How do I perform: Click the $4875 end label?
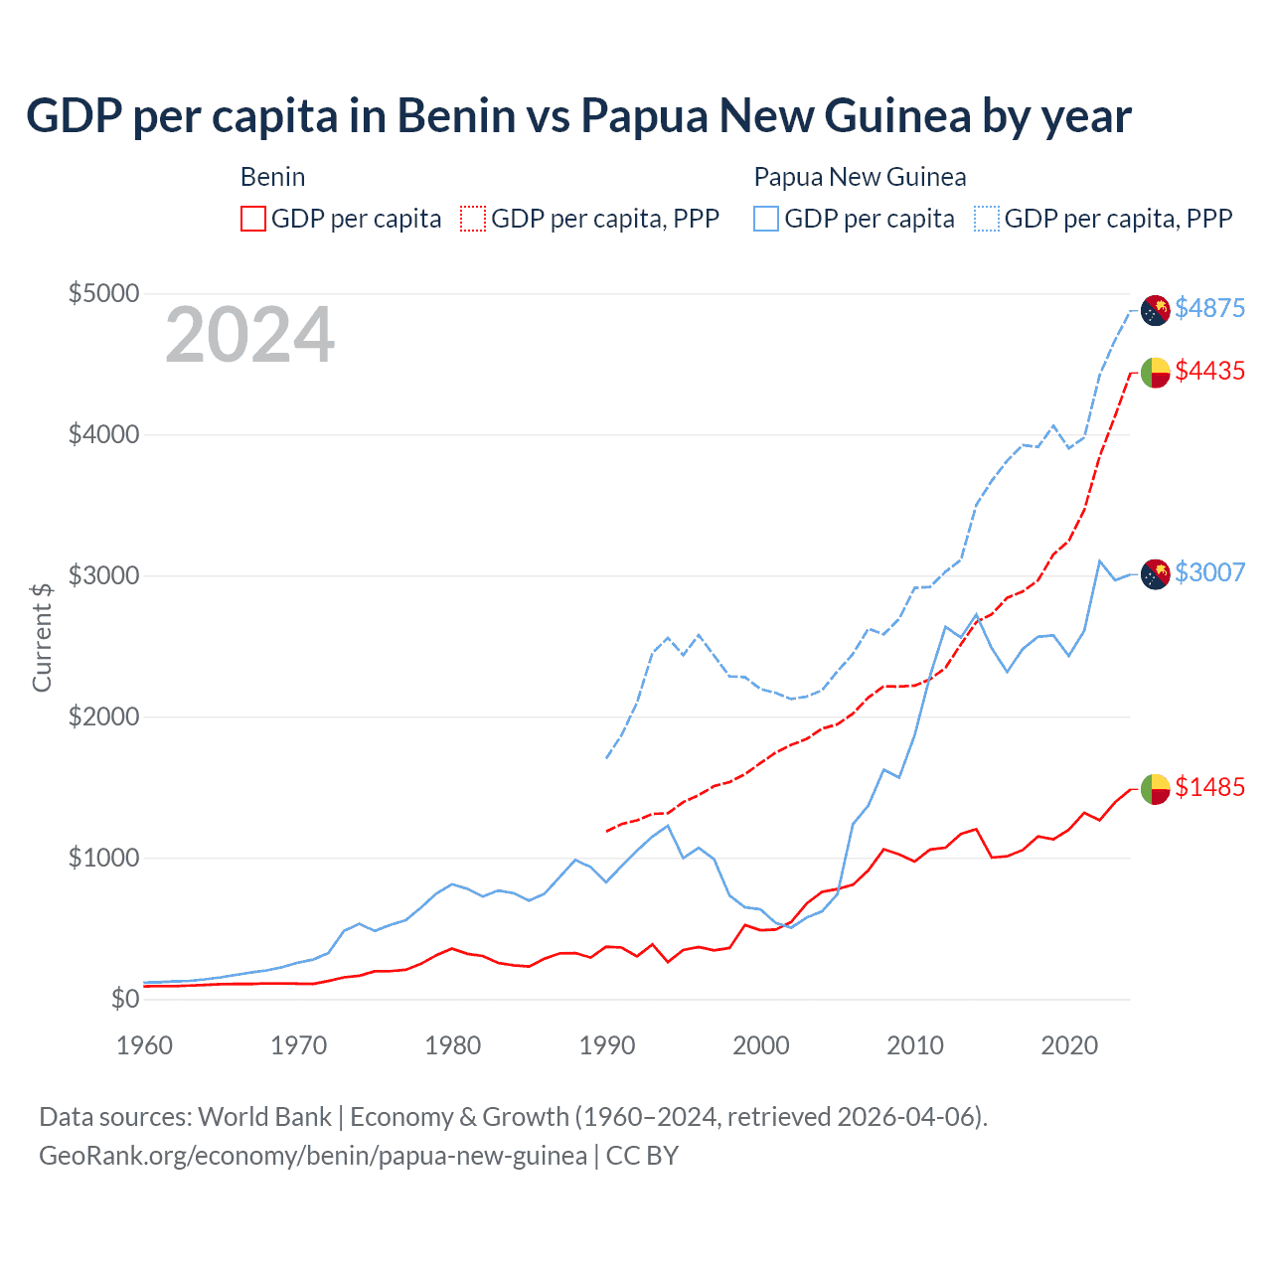pos(1209,308)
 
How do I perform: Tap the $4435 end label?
pos(1209,371)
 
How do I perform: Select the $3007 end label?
pos(1209,572)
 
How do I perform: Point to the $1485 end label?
pos(1209,787)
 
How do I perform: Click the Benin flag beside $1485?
pos(1155,789)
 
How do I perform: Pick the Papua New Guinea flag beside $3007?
pos(1155,574)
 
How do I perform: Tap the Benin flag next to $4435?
pos(1155,373)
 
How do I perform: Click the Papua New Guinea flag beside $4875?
pos(1155,310)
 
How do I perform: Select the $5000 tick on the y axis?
pos(103,293)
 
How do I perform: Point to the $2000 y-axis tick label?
pos(103,716)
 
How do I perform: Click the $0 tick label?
pos(124,999)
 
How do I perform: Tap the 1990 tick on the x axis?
pos(607,1045)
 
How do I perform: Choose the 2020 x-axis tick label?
pos(1069,1045)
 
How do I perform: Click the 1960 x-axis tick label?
pos(145,1045)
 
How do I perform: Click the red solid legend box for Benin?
pos(253,219)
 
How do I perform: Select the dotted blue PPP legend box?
pos(987,219)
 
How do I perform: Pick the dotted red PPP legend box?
pos(473,219)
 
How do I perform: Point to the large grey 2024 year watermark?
pos(250,336)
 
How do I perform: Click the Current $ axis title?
pos(42,637)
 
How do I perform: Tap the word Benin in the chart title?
pos(457,115)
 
